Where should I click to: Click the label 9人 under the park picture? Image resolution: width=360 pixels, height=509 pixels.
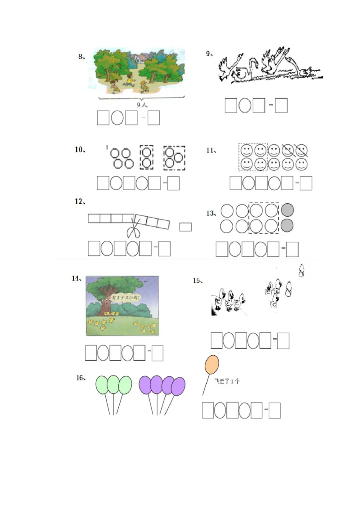(142, 104)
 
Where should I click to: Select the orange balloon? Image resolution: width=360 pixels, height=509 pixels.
(211, 365)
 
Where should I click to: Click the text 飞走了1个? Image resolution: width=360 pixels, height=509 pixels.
(227, 381)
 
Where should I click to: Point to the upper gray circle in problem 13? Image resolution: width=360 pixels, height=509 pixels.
(288, 210)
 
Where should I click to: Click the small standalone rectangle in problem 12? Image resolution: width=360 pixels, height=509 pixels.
(185, 227)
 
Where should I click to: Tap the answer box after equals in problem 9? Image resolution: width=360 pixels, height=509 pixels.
(281, 105)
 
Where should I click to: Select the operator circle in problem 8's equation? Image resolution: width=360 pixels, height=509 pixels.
(117, 118)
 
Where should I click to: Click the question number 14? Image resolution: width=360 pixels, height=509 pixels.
(76, 278)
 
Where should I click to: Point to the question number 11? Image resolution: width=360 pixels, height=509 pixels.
(211, 150)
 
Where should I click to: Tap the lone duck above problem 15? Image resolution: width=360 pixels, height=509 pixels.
(301, 270)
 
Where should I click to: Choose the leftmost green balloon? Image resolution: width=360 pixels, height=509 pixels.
(103, 385)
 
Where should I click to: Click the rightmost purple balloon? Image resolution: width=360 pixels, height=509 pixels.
(178, 386)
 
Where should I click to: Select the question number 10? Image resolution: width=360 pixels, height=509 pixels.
(80, 150)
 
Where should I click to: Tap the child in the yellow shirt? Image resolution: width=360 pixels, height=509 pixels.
(130, 80)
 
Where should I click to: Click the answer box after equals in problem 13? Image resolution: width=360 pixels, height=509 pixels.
(292, 249)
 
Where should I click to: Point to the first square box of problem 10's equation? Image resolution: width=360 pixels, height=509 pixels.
(103, 183)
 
